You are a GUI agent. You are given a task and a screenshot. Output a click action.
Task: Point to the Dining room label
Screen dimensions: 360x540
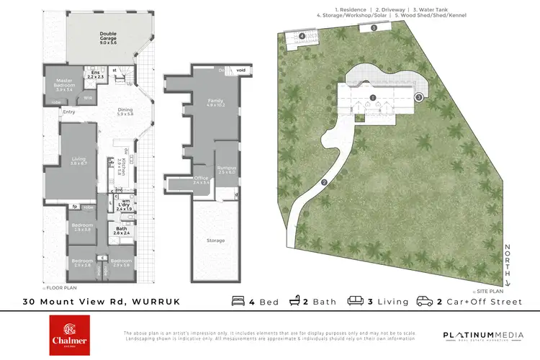[x=125, y=112]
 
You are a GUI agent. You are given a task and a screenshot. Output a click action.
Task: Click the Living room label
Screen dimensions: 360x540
[x=78, y=161]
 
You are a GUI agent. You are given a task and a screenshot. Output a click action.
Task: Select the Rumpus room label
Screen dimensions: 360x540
[x=227, y=170]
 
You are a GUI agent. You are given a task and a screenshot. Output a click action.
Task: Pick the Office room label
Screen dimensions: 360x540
[x=202, y=181]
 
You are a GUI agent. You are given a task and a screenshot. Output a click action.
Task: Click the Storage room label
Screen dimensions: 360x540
[x=215, y=240]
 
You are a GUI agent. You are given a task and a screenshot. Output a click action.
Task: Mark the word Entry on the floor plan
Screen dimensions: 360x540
[x=69, y=112]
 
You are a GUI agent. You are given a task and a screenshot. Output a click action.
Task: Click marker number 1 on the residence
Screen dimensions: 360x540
[x=373, y=97]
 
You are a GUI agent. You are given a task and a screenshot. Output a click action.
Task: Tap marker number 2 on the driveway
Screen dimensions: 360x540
[x=325, y=182]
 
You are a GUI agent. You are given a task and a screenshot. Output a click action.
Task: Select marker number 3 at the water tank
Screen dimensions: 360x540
[x=418, y=97]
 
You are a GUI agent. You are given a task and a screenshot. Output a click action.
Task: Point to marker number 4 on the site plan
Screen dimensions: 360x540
[x=302, y=35]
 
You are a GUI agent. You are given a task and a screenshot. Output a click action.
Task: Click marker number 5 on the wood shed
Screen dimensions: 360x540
[x=374, y=27]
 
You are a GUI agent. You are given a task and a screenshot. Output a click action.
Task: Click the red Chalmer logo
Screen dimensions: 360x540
[x=70, y=335]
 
